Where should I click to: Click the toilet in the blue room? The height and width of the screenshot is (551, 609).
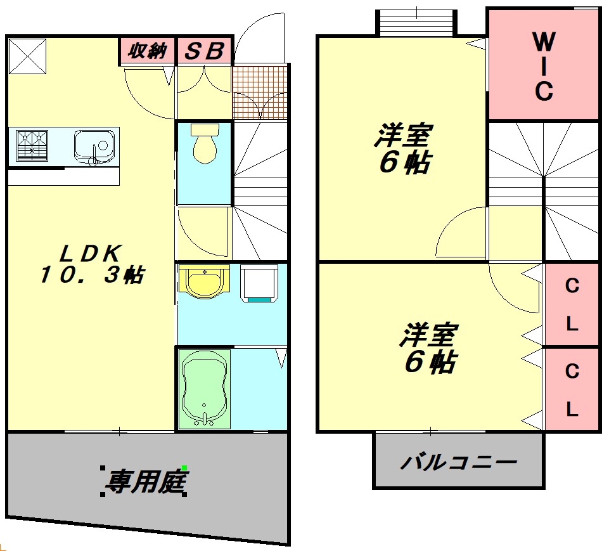[x=204, y=144]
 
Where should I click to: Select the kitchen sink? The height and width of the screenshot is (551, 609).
[x=95, y=146]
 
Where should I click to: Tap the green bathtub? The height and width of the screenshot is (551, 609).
[x=204, y=388]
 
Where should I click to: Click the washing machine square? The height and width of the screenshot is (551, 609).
[x=259, y=282]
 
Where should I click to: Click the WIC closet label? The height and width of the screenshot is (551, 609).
[x=543, y=67]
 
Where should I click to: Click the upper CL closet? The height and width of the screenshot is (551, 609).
[x=572, y=305]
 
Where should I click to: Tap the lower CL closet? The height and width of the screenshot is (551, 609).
[x=572, y=389]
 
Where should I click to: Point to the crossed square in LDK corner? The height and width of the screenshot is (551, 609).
[x=27, y=56]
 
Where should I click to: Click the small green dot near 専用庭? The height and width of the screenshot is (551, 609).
[x=184, y=468]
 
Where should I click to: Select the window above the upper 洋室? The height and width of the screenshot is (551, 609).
[x=417, y=23]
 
